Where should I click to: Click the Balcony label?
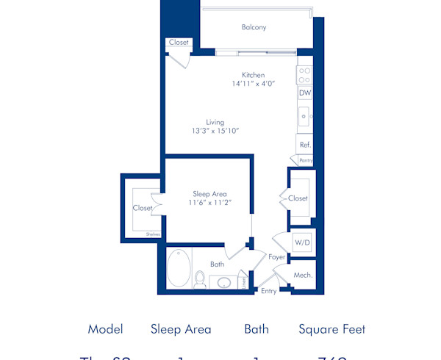click(x=254, y=28)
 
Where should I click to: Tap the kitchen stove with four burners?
click(x=304, y=75)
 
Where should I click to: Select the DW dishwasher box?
click(x=304, y=93)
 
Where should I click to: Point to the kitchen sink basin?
click(x=303, y=116)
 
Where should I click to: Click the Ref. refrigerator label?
click(x=305, y=145)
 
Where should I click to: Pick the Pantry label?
click(x=306, y=159)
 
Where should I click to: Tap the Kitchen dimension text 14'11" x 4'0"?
click(x=254, y=84)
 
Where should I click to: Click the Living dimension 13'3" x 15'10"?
click(x=215, y=131)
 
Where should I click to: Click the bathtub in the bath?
click(x=179, y=268)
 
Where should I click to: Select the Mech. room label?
click(x=303, y=275)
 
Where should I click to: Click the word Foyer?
click(x=276, y=257)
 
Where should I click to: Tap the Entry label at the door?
click(x=270, y=291)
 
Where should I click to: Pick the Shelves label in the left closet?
click(x=152, y=234)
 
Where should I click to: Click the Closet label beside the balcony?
click(x=179, y=43)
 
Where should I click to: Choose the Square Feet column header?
click(x=331, y=329)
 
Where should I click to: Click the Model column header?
click(x=105, y=329)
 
